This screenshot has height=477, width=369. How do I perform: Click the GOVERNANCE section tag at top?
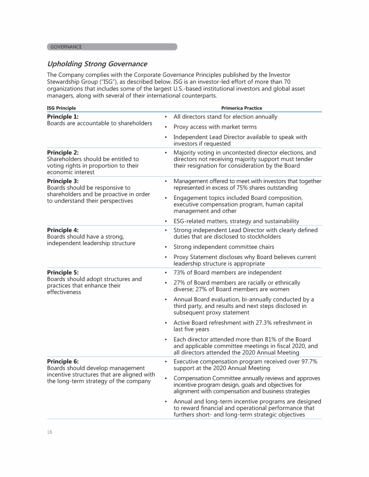point(66,47)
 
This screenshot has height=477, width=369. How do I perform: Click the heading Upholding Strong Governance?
point(97,64)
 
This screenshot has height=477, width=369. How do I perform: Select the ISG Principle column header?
point(61,108)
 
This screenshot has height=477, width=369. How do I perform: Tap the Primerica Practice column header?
point(242,108)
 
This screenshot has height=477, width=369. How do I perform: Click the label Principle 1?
point(63,117)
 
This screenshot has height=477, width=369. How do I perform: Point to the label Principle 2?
point(63,152)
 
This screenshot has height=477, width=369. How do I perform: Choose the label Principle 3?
point(63,181)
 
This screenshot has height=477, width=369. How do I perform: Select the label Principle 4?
point(63,230)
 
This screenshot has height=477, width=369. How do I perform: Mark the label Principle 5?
point(63,272)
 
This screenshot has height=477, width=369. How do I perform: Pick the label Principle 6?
point(63,361)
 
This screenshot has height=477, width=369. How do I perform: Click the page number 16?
point(49,432)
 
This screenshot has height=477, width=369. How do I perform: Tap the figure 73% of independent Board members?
point(180,272)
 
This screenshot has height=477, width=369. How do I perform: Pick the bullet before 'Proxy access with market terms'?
point(166,127)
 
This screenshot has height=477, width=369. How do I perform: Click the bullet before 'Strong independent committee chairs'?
point(166,247)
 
